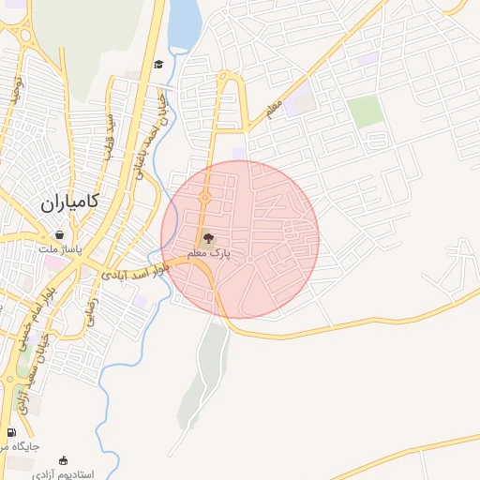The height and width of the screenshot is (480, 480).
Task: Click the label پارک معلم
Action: [215, 253]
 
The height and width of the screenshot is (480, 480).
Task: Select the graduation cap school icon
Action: [158, 64]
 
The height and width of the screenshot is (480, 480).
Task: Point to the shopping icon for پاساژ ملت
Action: [60, 234]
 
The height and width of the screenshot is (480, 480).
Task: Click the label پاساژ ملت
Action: [61, 249]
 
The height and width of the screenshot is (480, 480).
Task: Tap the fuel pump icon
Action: [11, 432]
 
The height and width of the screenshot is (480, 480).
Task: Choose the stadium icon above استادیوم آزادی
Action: [63, 460]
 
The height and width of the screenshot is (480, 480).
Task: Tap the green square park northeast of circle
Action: [366, 112]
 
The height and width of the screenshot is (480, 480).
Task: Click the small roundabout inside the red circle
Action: [205, 198]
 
